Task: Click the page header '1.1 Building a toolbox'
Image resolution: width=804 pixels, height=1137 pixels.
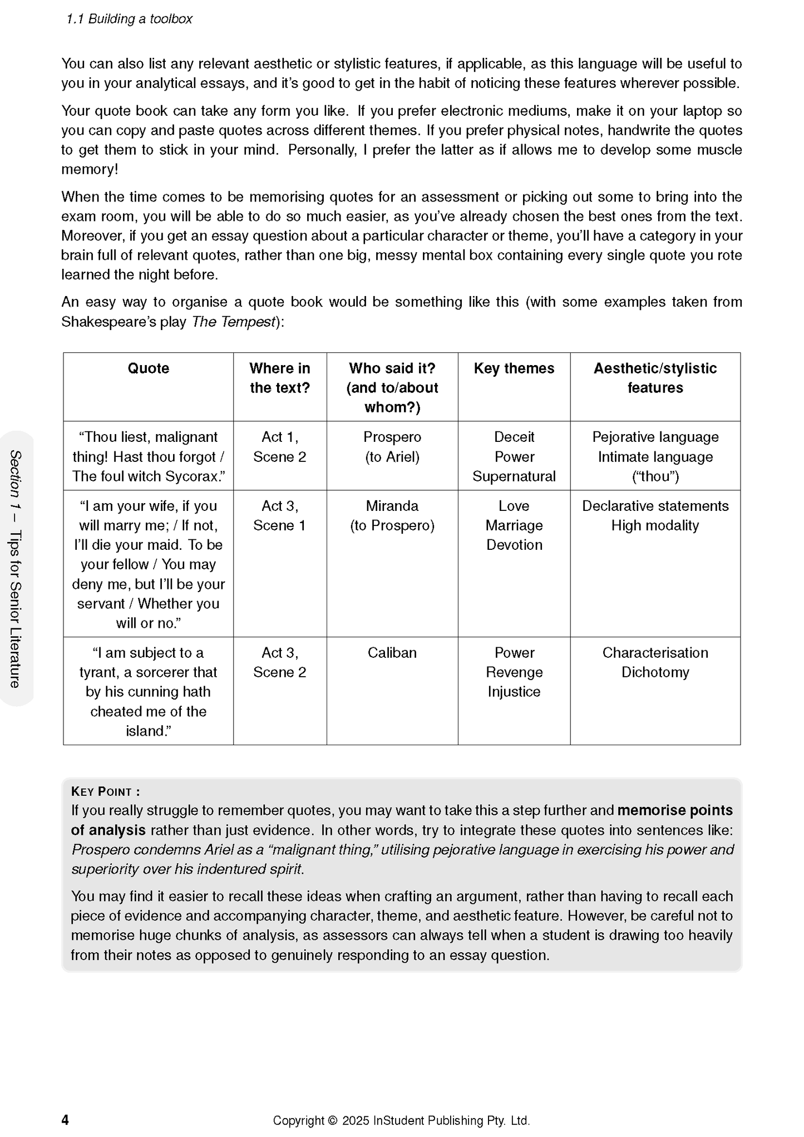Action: [129, 19]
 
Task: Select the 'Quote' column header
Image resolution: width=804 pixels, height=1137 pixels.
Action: [148, 368]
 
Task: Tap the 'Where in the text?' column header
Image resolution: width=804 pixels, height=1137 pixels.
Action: [279, 378]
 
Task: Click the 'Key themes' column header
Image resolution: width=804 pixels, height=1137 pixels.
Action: [514, 368]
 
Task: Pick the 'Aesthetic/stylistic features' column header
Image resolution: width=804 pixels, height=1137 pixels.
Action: [655, 378]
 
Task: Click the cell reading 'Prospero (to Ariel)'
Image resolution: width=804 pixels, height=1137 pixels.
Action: [392, 447]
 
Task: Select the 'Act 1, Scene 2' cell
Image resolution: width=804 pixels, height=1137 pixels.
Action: [279, 447]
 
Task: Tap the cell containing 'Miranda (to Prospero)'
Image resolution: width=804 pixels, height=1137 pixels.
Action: [392, 515]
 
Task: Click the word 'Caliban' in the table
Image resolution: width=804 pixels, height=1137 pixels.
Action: [392, 652]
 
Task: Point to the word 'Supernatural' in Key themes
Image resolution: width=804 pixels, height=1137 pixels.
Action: [514, 476]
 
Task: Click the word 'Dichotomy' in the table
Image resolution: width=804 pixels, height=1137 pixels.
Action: [655, 672]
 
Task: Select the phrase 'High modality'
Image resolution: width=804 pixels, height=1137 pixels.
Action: [655, 525]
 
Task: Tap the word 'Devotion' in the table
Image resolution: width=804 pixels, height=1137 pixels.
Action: [514, 545]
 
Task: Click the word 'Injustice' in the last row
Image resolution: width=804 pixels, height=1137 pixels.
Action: [514, 692]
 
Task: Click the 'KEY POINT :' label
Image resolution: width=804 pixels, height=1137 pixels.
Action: [106, 791]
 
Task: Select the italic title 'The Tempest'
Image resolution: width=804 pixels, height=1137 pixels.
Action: [234, 322]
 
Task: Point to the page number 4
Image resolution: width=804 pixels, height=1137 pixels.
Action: [65, 1120]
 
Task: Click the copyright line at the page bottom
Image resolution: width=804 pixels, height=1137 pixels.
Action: [401, 1120]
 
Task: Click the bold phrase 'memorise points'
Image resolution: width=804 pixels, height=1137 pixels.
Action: [675, 810]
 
